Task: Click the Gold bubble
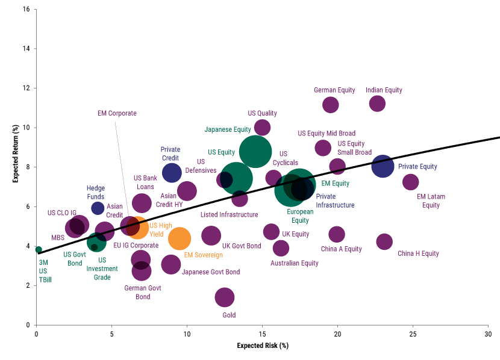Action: click(225, 297)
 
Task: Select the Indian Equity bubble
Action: click(377, 104)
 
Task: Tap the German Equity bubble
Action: click(330, 105)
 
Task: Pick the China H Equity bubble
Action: click(384, 241)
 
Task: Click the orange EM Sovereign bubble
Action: click(180, 238)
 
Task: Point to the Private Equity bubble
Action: click(383, 166)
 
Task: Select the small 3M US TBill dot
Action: click(39, 250)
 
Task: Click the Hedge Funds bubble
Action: click(98, 208)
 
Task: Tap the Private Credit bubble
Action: click(172, 173)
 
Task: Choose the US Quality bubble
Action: click(262, 128)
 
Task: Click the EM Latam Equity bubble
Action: click(410, 182)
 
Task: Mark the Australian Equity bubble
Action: click(281, 247)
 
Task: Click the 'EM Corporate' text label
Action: click(117, 113)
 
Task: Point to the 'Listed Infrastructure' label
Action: click(229, 215)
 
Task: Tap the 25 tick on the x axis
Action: click(413, 334)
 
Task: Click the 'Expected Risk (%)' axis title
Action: click(263, 346)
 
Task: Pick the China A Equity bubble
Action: click(337, 234)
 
